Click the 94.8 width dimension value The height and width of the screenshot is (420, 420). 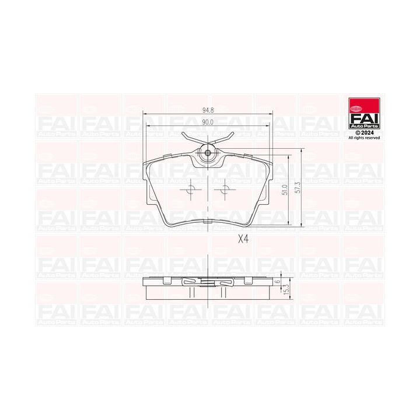click(208, 109)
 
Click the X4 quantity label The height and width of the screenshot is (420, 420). click(243, 239)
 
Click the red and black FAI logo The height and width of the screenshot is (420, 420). click(364, 114)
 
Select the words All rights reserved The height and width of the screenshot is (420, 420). click(364, 138)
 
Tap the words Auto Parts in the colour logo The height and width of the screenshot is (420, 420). click(364, 126)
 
